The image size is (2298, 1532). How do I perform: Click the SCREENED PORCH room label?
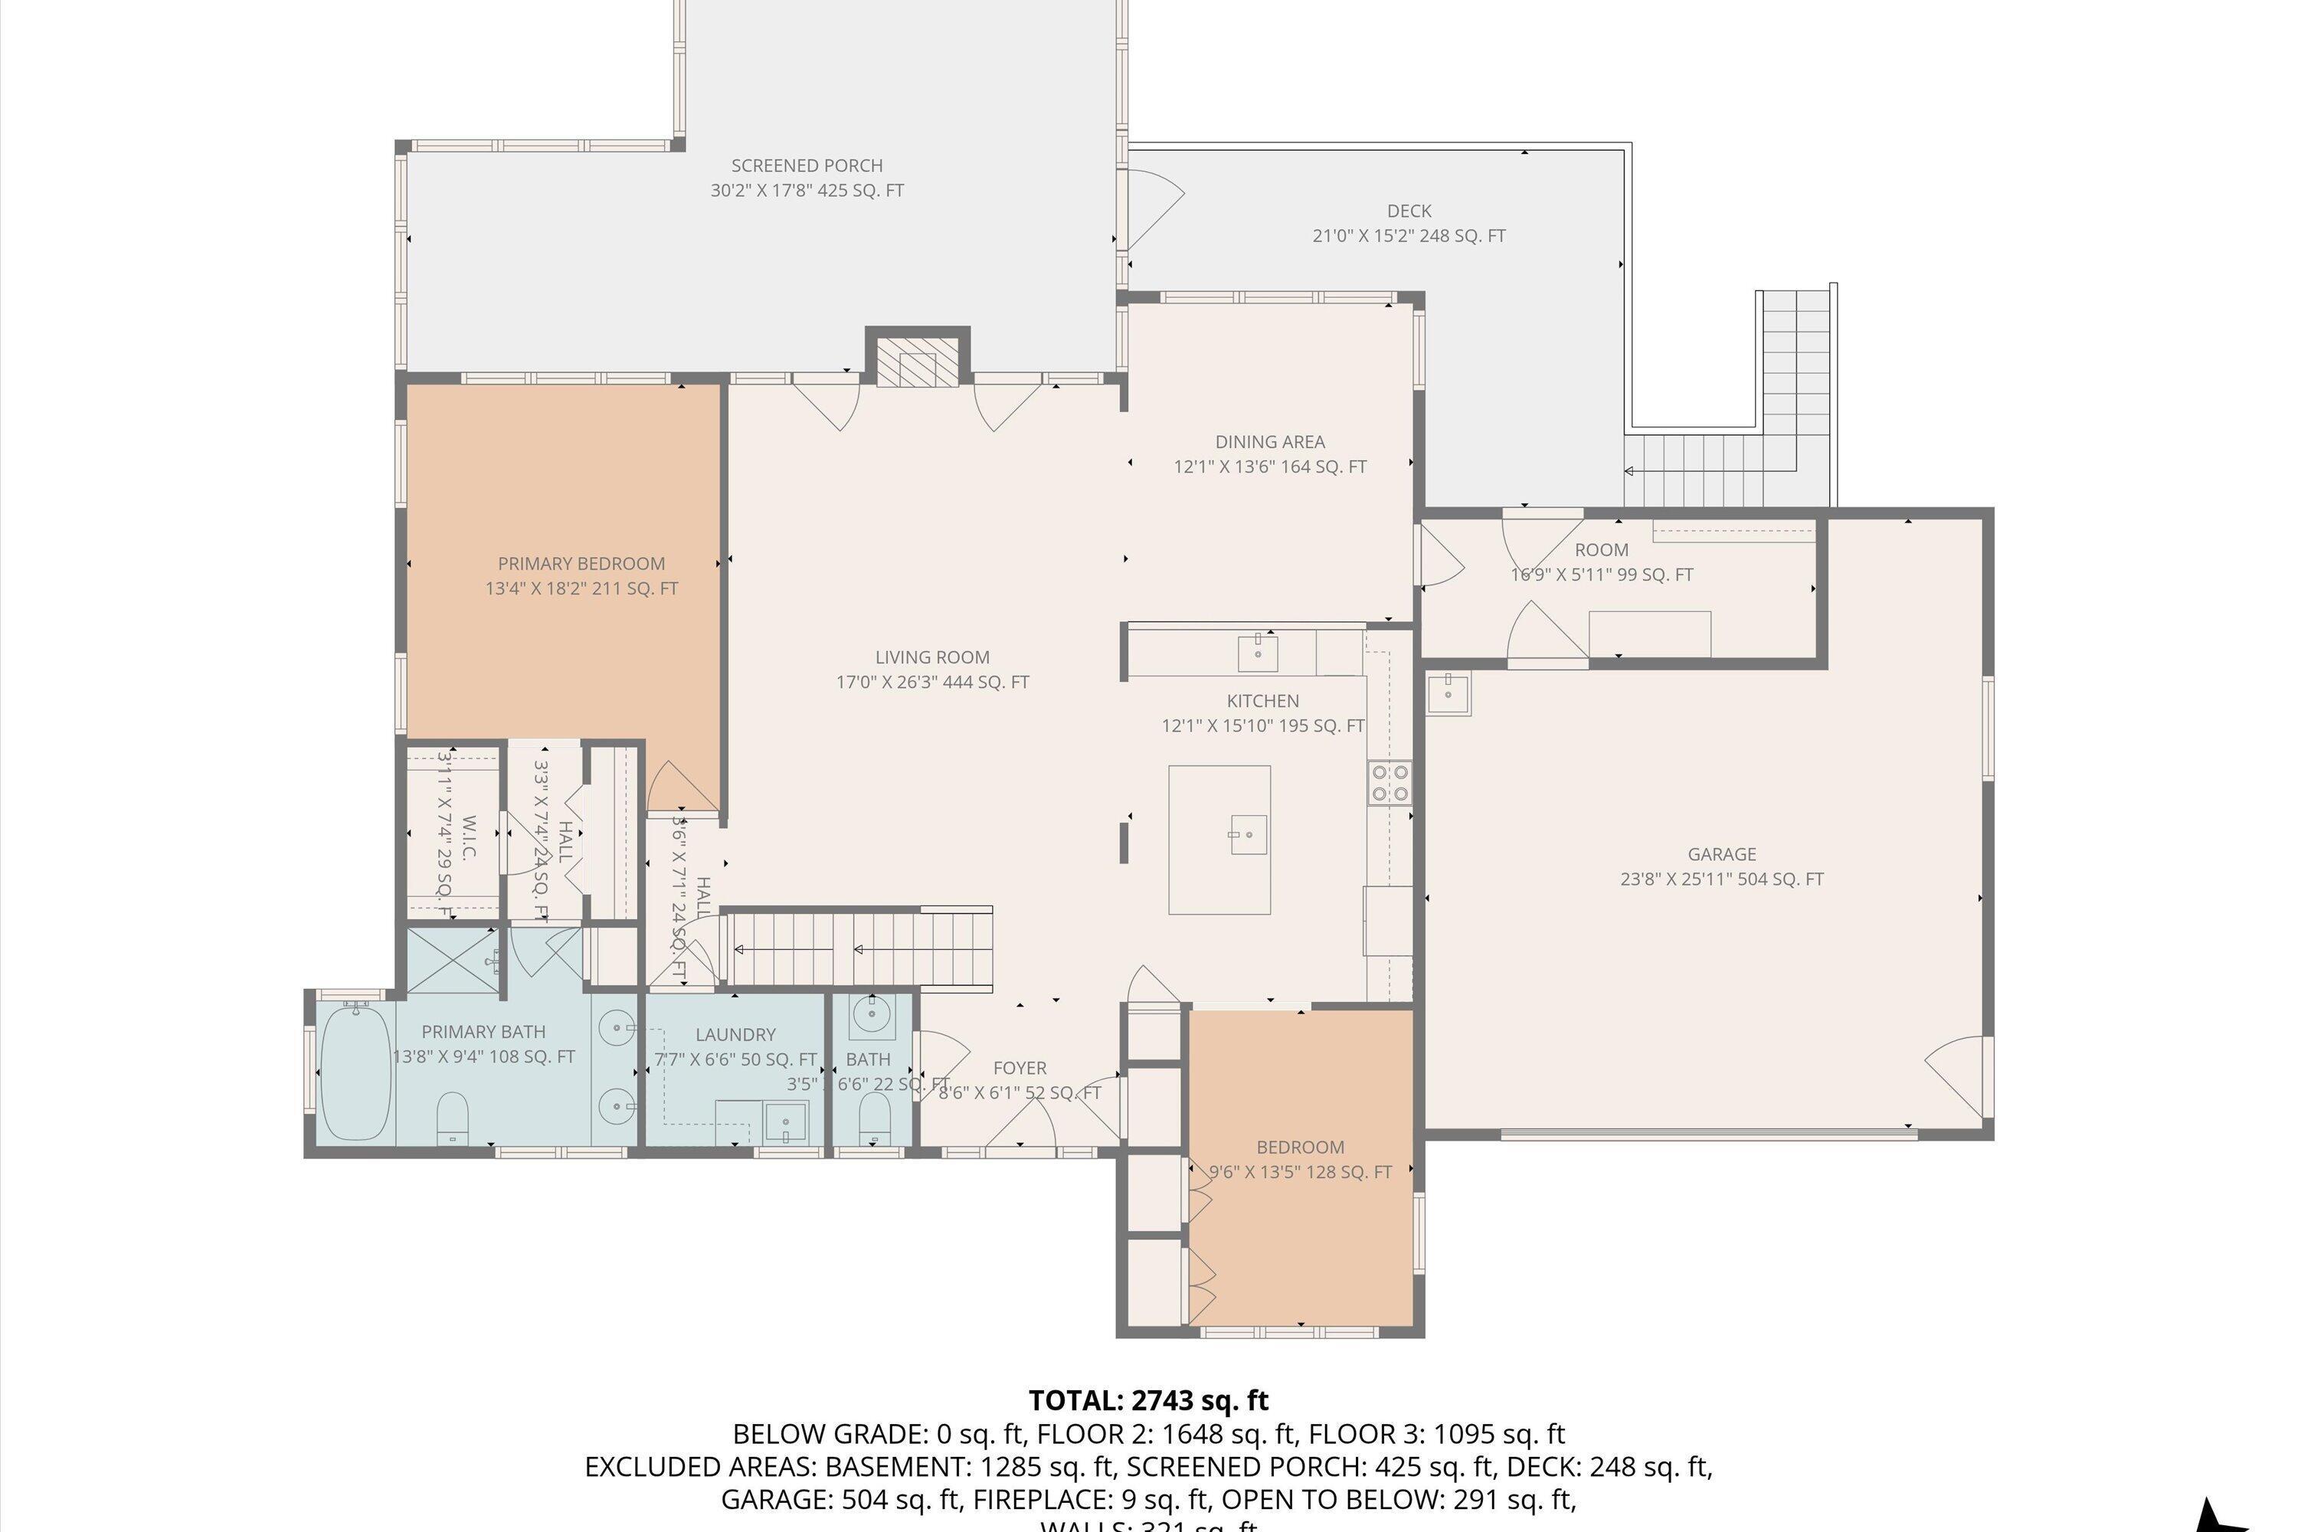807,166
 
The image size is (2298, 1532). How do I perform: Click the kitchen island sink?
1248,834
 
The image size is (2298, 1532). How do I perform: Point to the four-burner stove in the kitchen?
1390,781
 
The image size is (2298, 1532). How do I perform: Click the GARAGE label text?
1721,854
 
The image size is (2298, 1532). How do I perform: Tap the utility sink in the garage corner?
1447,694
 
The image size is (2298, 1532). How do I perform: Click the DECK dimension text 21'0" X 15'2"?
1408,235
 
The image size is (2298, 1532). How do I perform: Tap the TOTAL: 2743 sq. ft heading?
1148,1400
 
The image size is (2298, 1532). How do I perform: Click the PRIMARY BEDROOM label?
581,564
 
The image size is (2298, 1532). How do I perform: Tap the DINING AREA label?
1269,442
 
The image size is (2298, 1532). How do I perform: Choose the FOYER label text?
1019,1068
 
